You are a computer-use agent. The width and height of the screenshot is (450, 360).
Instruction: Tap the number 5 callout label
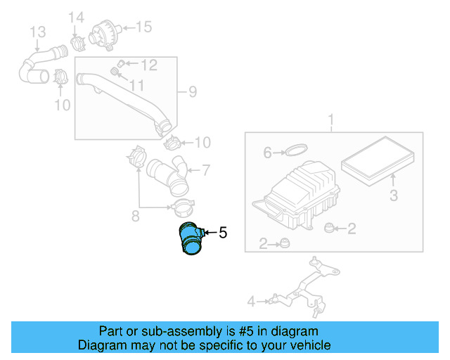click(223, 232)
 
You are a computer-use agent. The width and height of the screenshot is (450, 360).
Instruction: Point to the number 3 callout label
click(394, 194)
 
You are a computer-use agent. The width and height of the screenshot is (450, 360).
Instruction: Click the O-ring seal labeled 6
click(296, 150)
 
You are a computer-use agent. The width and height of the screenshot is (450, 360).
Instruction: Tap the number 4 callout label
click(251, 302)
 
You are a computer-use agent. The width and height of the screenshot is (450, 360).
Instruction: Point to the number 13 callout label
click(37, 32)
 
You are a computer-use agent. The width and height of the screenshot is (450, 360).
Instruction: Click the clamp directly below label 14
click(77, 41)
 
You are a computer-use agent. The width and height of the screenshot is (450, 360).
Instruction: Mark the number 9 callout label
click(192, 91)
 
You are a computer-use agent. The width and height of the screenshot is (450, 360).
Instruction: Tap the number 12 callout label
click(148, 65)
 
